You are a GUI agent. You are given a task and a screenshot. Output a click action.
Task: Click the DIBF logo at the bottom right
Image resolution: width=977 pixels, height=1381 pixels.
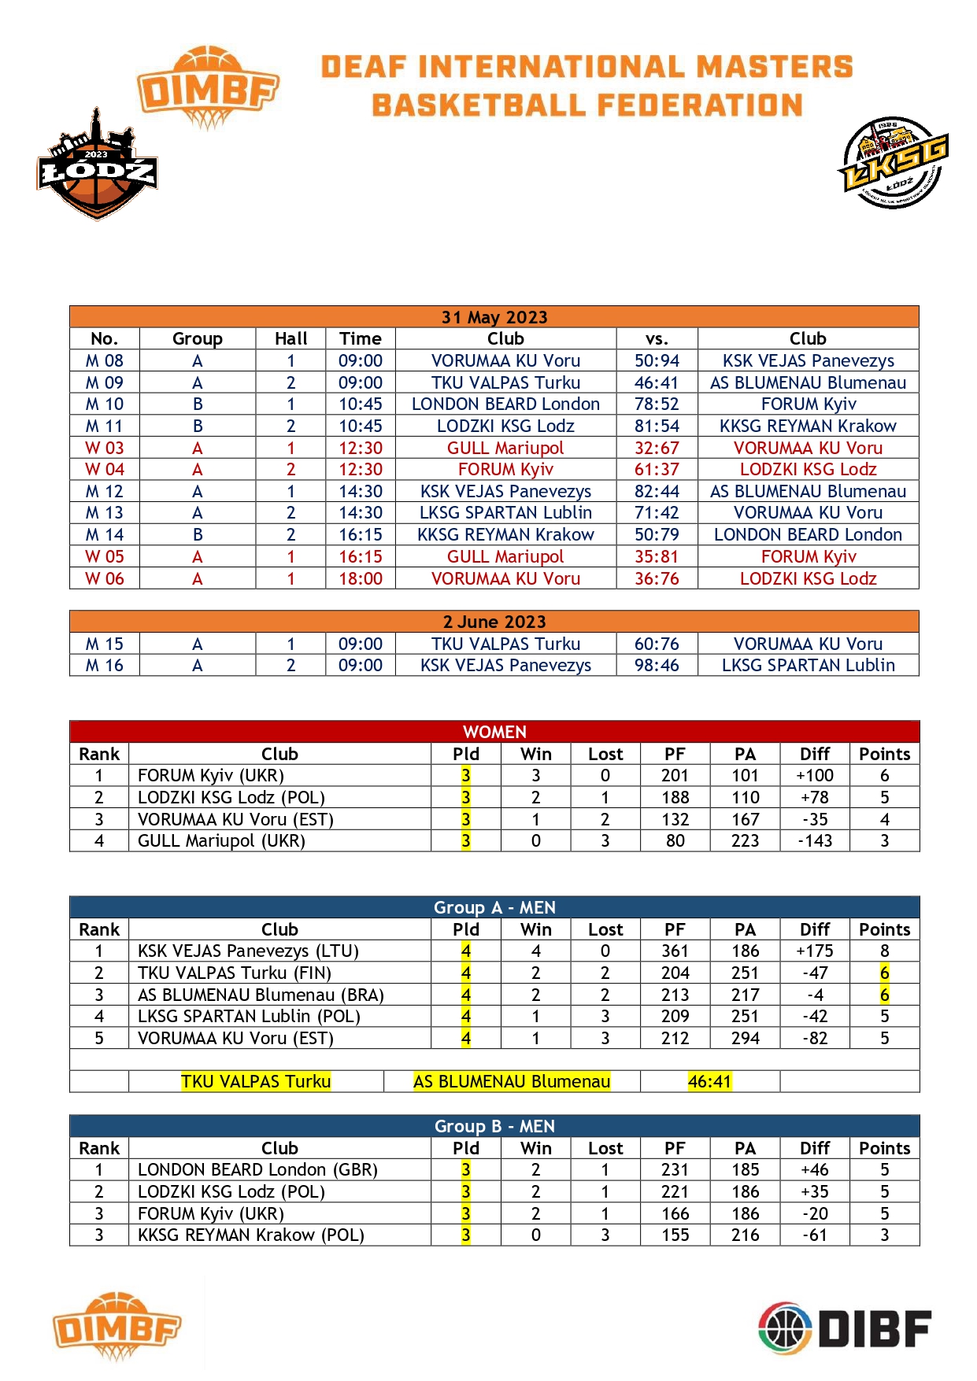click(x=845, y=1328)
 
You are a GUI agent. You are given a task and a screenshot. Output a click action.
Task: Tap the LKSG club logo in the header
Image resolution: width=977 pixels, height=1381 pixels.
click(x=894, y=164)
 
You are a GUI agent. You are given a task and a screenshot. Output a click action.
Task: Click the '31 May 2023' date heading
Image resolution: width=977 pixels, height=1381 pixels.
click(x=494, y=317)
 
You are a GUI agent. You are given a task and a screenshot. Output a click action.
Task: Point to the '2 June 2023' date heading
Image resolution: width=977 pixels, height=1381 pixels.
click(x=494, y=622)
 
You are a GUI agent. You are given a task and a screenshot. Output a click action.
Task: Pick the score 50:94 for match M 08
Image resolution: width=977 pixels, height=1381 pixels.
click(x=657, y=360)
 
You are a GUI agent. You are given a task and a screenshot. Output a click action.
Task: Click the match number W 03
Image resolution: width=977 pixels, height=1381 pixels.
click(x=104, y=448)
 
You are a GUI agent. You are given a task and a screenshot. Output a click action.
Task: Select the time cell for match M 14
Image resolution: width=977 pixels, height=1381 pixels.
click(x=360, y=534)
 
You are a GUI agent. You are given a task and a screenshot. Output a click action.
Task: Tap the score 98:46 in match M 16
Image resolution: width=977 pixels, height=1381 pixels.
click(x=657, y=665)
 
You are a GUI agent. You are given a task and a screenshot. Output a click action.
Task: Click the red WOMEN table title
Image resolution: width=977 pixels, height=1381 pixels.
click(x=494, y=732)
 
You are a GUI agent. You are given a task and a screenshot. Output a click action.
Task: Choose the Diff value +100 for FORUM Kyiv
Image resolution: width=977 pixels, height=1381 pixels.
click(x=814, y=775)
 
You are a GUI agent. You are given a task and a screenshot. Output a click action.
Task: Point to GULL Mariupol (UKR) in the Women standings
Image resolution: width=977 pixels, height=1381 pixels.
click(x=221, y=840)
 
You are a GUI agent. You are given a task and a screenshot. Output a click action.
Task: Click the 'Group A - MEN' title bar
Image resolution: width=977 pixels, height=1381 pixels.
click(x=494, y=907)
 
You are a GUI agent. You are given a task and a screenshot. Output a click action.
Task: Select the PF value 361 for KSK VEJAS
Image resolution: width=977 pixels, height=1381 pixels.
click(x=675, y=951)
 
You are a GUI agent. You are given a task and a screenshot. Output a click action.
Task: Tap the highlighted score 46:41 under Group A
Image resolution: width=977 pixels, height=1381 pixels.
click(x=709, y=1081)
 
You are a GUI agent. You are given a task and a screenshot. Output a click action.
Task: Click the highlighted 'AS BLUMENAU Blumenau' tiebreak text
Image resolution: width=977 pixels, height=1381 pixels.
click(x=512, y=1081)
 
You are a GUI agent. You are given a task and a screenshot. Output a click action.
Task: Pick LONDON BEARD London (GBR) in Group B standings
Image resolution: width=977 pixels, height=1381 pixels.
click(x=257, y=1169)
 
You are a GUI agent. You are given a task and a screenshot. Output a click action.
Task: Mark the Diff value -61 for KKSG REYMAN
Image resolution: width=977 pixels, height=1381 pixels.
click(x=814, y=1235)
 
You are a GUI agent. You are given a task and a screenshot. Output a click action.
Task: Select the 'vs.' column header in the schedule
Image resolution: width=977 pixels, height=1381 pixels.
click(x=657, y=338)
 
